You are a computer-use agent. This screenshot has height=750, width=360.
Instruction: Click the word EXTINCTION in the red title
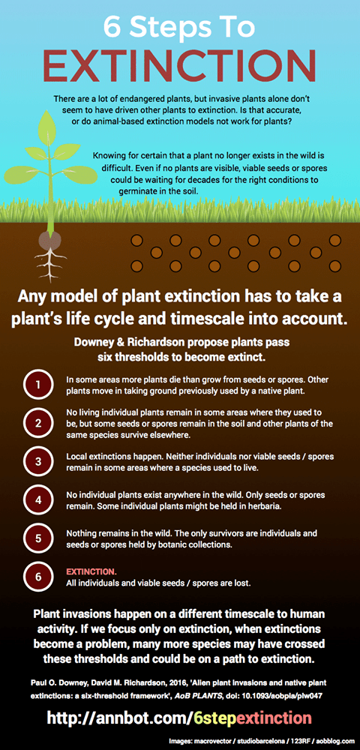click(180, 66)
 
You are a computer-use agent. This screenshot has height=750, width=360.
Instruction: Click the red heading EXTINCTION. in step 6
click(91, 571)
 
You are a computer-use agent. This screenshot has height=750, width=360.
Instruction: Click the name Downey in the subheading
click(97, 341)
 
